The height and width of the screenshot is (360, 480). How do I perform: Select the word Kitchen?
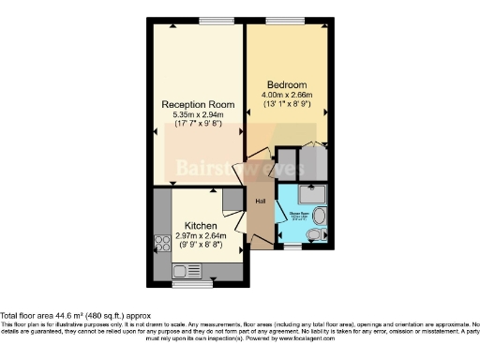tap(202, 227)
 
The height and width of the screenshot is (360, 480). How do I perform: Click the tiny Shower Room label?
tap(298, 213)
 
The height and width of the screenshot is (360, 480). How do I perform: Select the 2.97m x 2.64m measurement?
tap(202, 236)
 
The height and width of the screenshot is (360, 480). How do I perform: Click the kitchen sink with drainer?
tap(185, 271)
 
